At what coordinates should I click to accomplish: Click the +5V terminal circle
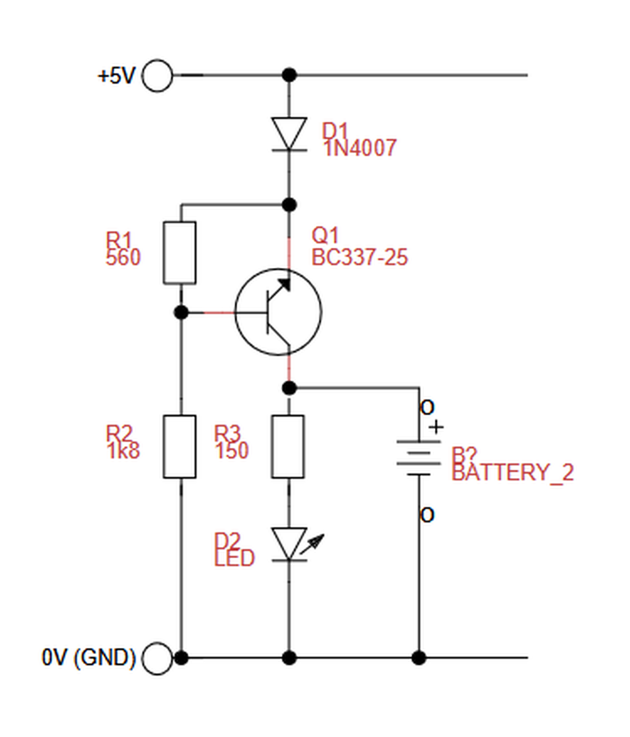(157, 75)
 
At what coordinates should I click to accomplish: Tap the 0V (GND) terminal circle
(157, 658)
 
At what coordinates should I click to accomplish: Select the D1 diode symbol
(289, 135)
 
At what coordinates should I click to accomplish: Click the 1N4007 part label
(360, 148)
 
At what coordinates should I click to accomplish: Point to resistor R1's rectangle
(180, 253)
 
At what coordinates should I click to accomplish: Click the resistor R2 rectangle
(180, 446)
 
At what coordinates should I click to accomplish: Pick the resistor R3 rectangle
(288, 446)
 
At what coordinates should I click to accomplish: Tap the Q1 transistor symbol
(278, 312)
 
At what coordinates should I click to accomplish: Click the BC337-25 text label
(359, 258)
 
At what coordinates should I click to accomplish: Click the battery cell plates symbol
(419, 459)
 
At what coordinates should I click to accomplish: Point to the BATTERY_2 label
(513, 472)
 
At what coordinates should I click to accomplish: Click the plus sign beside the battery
(436, 427)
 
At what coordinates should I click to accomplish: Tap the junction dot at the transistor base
(181, 312)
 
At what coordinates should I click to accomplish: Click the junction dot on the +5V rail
(289, 75)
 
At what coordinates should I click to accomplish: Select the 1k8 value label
(123, 451)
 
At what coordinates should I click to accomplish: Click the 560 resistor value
(123, 258)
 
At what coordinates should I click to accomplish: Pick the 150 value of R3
(231, 451)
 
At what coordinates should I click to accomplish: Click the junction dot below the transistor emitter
(289, 388)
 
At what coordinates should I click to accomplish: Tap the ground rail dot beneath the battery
(419, 658)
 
